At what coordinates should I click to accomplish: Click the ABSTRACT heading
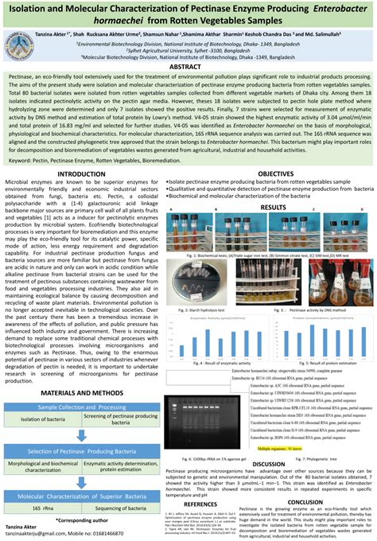pos(188,68)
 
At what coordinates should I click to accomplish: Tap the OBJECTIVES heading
pos(275,173)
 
